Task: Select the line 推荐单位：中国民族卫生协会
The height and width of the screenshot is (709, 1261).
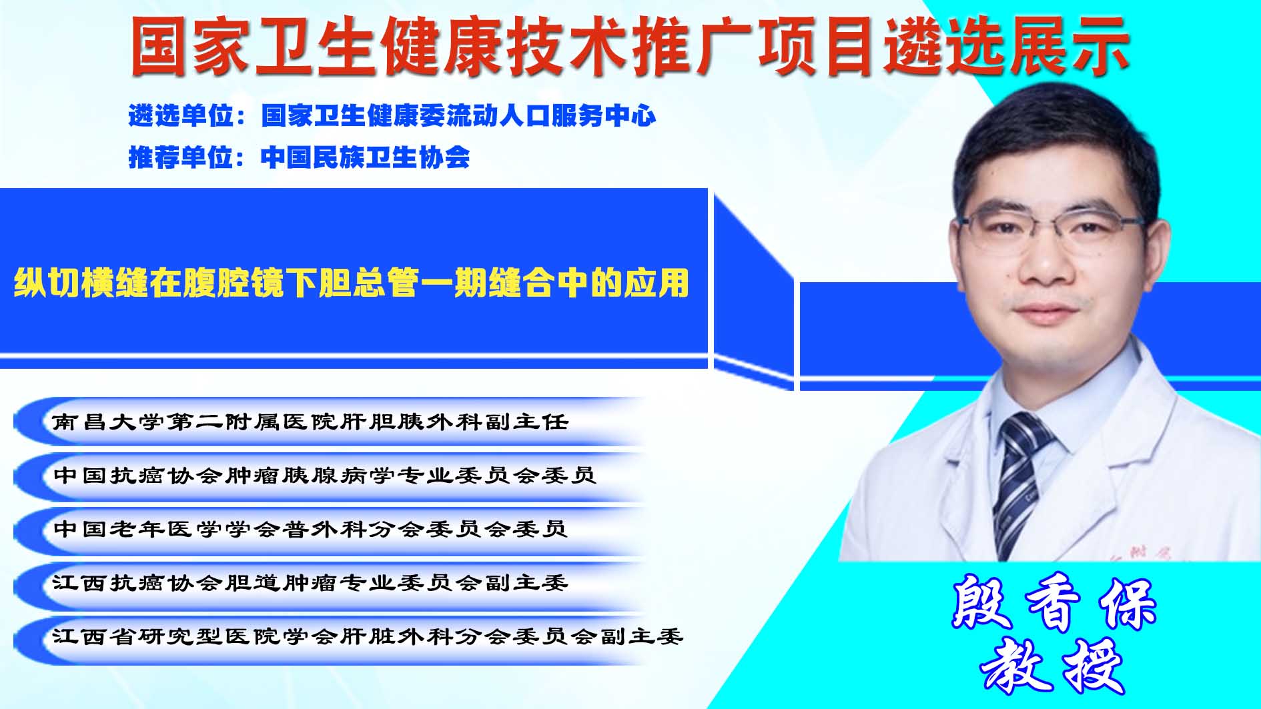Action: point(299,157)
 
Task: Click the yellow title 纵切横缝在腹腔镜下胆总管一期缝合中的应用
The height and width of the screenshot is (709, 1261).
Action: point(351,283)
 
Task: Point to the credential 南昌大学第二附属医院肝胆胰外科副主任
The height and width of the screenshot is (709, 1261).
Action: point(310,422)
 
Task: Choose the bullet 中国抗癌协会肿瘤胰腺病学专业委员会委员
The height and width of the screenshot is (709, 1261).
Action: point(324,475)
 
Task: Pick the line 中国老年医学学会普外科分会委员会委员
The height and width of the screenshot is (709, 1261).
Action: point(310,529)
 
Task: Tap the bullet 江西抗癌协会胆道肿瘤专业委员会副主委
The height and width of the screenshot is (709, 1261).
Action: point(310,583)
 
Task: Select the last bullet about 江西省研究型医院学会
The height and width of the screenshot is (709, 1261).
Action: point(368,636)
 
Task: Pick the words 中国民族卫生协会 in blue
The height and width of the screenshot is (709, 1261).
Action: point(366,157)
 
